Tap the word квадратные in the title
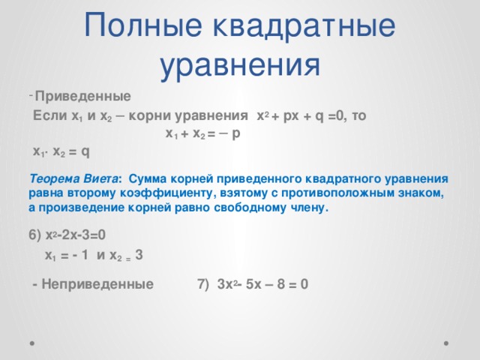point(303,27)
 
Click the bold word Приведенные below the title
point(83,96)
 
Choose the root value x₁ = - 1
point(68,255)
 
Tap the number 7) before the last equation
point(202,285)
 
